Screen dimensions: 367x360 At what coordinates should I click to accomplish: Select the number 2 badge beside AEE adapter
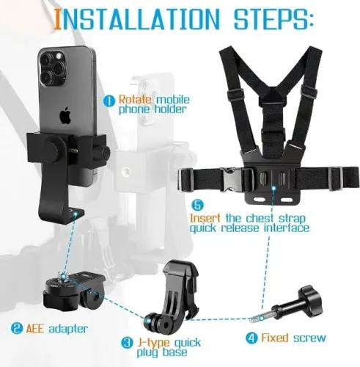coord(15,327)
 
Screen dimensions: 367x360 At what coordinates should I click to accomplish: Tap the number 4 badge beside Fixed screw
coord(251,339)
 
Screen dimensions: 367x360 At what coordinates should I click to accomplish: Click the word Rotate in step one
coord(135,99)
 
